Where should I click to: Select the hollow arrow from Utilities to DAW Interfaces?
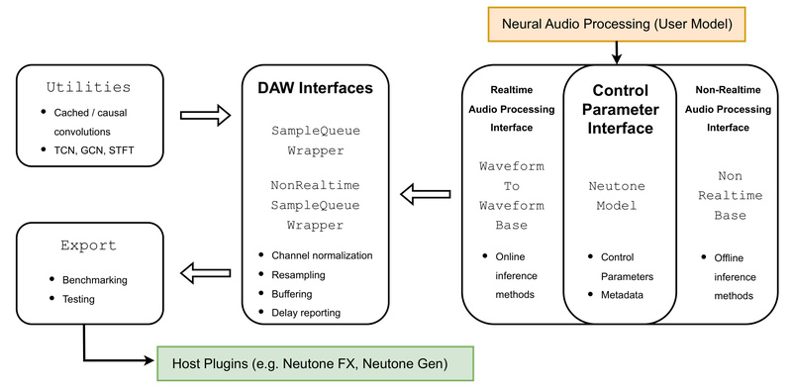[x=205, y=116]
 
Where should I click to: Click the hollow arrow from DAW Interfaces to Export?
[x=205, y=268]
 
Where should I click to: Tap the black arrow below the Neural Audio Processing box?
[x=615, y=51]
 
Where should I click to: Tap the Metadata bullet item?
[x=623, y=296]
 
